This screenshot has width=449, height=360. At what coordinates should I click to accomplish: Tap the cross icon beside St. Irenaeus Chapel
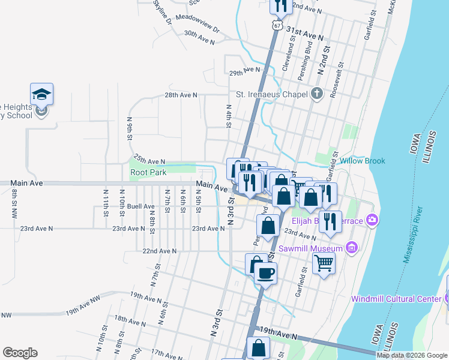point(316,94)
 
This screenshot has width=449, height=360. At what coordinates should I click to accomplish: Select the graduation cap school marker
point(41,94)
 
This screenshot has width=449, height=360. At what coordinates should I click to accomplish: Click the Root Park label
point(148,173)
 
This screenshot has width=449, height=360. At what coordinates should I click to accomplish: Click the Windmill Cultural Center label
point(396,299)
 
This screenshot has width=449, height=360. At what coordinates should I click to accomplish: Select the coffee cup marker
point(265,273)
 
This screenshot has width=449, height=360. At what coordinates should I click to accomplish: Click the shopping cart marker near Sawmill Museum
point(324,262)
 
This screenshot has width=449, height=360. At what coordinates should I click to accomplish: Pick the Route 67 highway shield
point(276,26)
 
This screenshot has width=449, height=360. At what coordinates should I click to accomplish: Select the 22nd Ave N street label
point(160,251)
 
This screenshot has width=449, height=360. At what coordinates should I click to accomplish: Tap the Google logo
point(20,353)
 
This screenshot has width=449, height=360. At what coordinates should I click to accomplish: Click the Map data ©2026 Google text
point(412,355)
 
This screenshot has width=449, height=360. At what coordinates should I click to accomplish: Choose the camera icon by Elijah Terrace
point(372,220)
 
